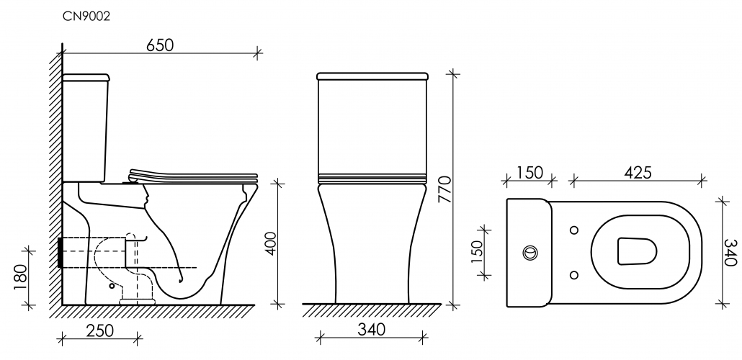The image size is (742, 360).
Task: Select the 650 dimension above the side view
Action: tap(160, 45)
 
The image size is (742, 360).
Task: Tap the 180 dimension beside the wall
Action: tap(20, 276)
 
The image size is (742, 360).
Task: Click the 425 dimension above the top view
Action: tap(638, 172)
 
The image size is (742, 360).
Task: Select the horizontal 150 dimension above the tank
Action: tap(529, 172)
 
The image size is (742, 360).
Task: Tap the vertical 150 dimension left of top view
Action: tap(476, 251)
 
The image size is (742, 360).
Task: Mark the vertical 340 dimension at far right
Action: tap(731, 252)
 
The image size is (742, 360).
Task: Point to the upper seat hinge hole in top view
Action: tap(574, 230)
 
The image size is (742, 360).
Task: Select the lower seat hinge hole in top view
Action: tap(574, 274)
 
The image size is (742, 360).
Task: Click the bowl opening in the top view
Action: tap(637, 252)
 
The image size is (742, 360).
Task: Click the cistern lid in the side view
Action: tap(86, 76)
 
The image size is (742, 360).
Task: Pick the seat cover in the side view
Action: tap(193, 174)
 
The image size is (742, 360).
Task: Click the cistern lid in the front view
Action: tap(372, 75)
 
